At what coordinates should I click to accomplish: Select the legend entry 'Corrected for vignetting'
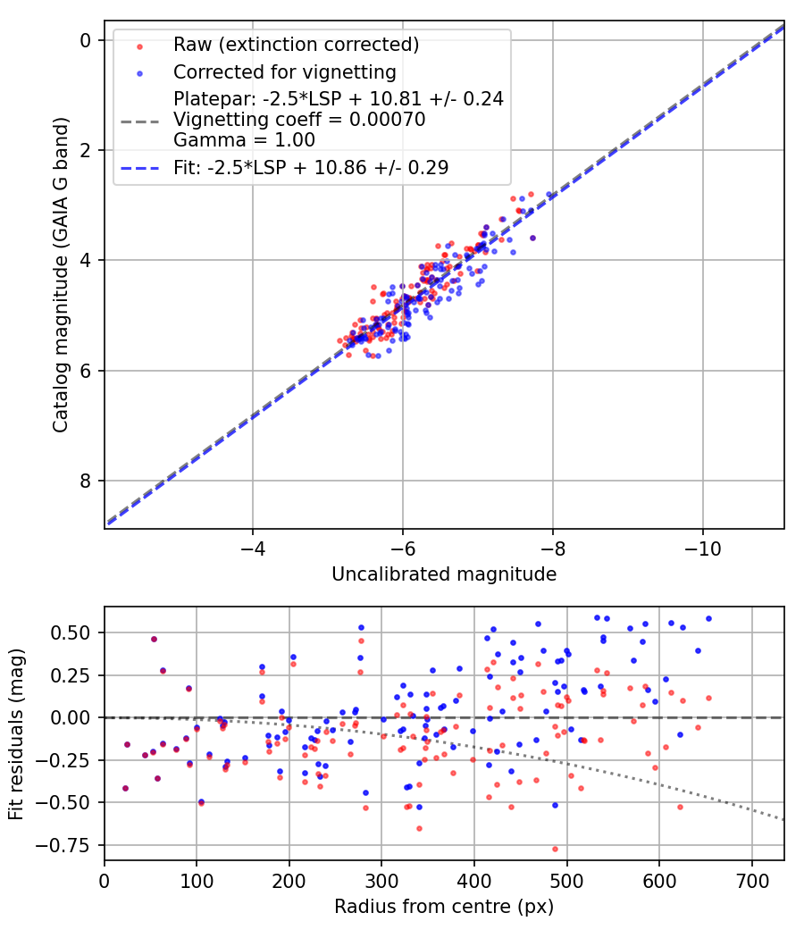285,71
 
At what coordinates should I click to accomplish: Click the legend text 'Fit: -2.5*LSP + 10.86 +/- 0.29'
311,167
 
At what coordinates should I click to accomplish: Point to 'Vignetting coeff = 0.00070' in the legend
299,119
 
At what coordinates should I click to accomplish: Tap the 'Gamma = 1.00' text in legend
231,140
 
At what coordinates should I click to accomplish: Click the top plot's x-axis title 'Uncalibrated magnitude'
444,574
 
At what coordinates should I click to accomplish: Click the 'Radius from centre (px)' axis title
444,907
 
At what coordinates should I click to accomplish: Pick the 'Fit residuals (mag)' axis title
16,733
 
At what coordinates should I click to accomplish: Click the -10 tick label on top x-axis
702,546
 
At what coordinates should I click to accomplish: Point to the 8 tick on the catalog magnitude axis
87,481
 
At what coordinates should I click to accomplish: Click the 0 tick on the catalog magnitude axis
87,40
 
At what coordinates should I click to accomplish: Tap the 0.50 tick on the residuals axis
77,632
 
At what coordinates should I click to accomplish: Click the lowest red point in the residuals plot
555,849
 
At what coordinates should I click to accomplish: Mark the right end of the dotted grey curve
784,819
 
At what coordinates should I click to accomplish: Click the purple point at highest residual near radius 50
154,639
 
